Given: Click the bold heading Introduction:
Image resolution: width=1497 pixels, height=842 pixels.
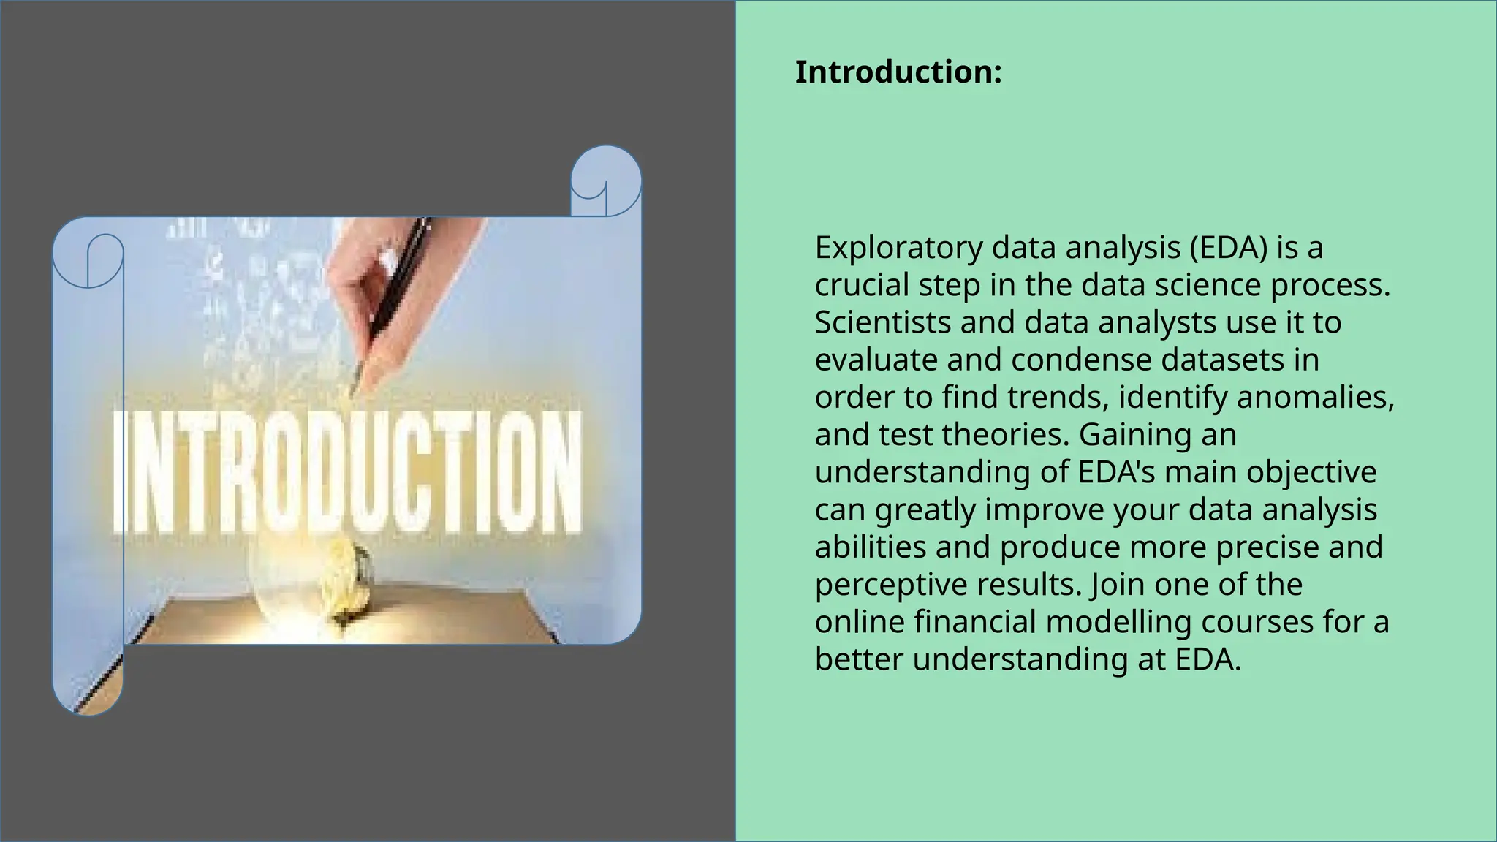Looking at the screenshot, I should coord(898,72).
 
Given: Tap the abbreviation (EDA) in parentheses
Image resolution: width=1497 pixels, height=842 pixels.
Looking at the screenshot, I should coord(1228,249).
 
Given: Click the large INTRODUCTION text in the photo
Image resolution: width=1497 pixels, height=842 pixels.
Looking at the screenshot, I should coord(349,472).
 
